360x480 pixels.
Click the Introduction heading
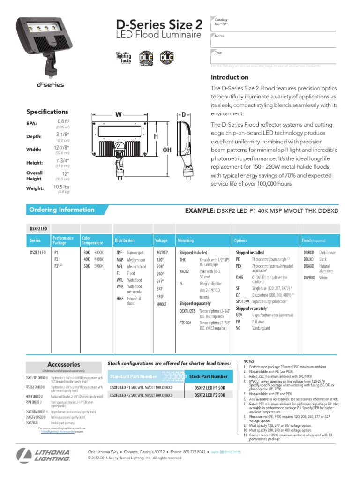230,77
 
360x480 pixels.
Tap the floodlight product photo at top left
40,47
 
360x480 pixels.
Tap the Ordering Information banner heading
61,210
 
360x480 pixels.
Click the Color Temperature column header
93,240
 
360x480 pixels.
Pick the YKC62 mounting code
185,271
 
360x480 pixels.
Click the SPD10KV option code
243,302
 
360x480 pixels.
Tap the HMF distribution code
120,298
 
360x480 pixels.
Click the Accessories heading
64,364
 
